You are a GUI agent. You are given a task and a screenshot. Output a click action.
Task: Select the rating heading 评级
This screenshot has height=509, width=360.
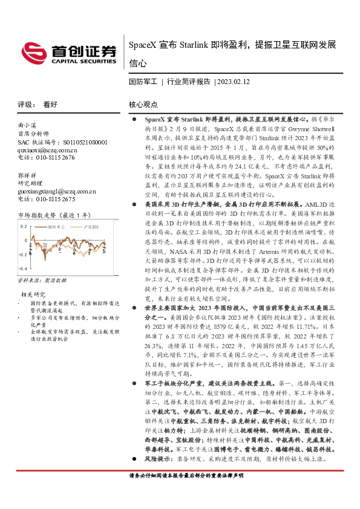coord(24,104)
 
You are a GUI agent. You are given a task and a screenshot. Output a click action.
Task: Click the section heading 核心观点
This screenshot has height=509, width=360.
coord(143,104)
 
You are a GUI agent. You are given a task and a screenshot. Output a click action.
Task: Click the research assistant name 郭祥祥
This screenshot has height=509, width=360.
coord(28,175)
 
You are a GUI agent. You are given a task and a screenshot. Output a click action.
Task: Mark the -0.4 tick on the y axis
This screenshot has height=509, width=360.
coord(22,268)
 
